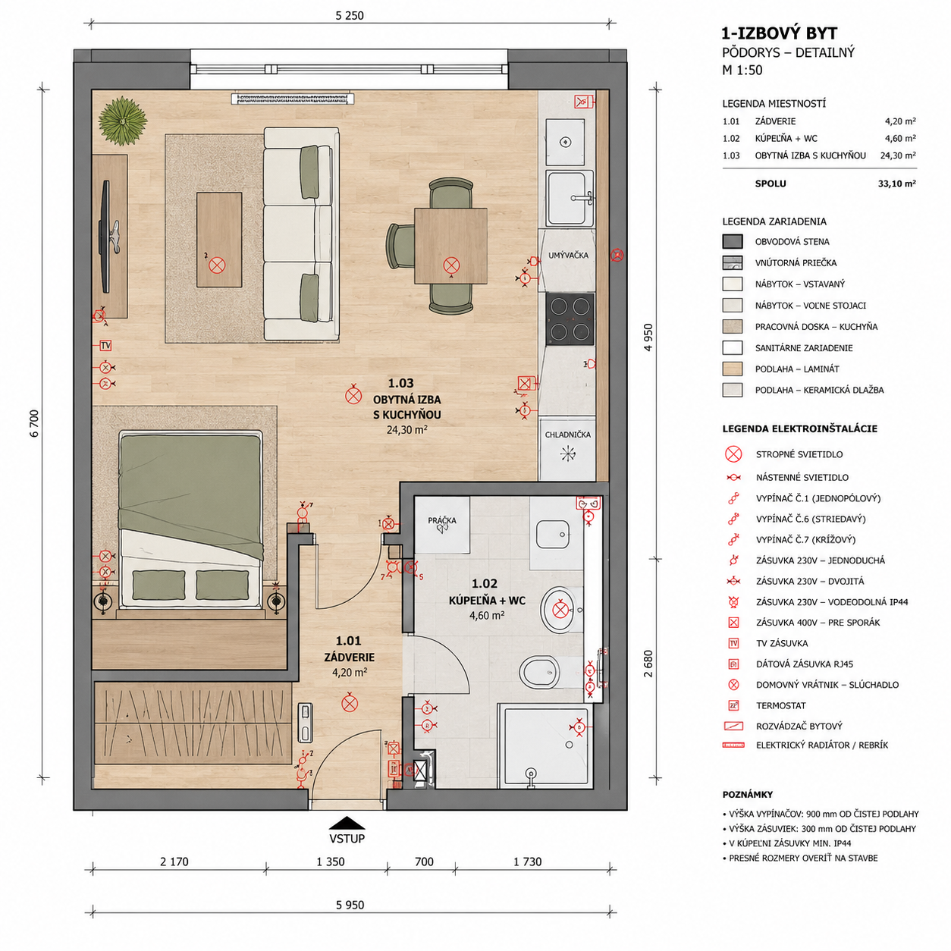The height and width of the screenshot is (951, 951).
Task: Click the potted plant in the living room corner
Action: (x=122, y=121)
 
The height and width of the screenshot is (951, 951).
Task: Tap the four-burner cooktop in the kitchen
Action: (x=570, y=319)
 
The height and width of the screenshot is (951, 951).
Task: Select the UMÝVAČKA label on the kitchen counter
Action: (x=568, y=255)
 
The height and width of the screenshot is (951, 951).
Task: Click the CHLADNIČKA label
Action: (x=567, y=435)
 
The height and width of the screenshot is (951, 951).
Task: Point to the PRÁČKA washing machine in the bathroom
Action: (x=441, y=524)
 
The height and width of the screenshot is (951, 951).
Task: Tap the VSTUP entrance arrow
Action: (x=347, y=823)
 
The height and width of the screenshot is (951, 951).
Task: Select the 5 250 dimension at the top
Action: (x=350, y=16)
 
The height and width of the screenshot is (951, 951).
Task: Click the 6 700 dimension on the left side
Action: (x=34, y=423)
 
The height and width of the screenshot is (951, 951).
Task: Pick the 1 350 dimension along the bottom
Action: (x=330, y=862)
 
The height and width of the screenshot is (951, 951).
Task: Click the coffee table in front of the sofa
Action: (x=219, y=240)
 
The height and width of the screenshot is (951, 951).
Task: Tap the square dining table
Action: (x=450, y=246)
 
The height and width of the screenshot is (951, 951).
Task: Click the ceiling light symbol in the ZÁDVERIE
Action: (x=350, y=703)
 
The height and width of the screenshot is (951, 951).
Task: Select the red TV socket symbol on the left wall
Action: (x=105, y=346)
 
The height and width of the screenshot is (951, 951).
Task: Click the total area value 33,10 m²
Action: (x=896, y=184)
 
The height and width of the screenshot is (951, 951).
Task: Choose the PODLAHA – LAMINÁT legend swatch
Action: (x=733, y=369)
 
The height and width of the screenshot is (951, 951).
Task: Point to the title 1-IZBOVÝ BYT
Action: (x=780, y=33)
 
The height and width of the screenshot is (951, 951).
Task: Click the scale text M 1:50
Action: (x=742, y=70)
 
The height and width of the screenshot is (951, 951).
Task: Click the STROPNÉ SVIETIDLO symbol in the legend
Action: (x=733, y=454)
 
